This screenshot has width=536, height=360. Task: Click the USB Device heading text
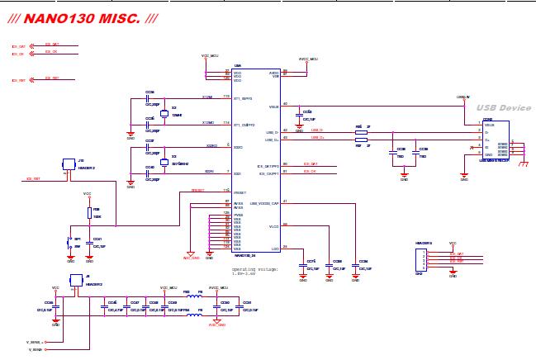click(504, 108)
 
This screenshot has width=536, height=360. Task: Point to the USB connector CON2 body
click(496, 140)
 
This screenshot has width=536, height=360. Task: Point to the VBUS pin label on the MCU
click(273, 107)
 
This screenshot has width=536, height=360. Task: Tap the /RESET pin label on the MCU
click(240, 191)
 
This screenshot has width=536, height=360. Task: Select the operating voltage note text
click(255, 272)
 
